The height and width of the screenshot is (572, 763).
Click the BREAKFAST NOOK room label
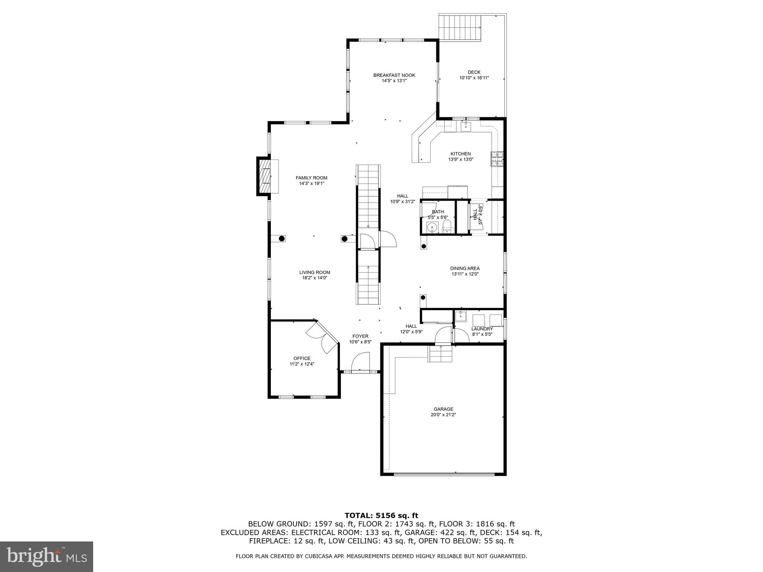(x=394, y=75)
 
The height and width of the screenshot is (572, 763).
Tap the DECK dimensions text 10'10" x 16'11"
(x=474, y=78)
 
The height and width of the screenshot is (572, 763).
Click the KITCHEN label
(x=460, y=154)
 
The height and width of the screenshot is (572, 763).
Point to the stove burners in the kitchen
(x=496, y=159)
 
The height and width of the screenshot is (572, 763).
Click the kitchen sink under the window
(x=466, y=127)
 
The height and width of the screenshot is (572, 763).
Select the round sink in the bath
(x=432, y=226)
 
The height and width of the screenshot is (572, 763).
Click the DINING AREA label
(x=465, y=268)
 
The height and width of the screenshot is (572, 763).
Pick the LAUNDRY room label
(x=482, y=329)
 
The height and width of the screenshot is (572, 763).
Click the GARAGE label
(x=443, y=409)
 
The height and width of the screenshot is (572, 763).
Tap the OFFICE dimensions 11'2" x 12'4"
(x=302, y=364)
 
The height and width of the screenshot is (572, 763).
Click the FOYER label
(x=360, y=336)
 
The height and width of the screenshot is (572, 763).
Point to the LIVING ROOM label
(x=314, y=272)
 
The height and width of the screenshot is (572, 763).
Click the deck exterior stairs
(x=460, y=28)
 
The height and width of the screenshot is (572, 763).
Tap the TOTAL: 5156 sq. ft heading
(x=381, y=515)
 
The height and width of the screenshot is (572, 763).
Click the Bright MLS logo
(x=46, y=557)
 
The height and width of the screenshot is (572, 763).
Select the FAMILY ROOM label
(x=311, y=178)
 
